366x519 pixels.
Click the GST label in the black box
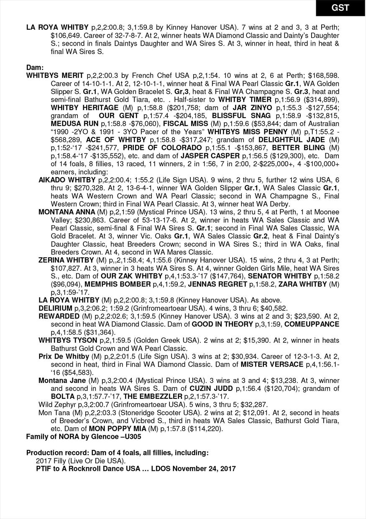tap(340, 8)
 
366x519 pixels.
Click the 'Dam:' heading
tap(35, 67)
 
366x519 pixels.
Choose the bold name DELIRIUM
tap(56, 308)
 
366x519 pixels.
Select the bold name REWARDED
tap(59, 316)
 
